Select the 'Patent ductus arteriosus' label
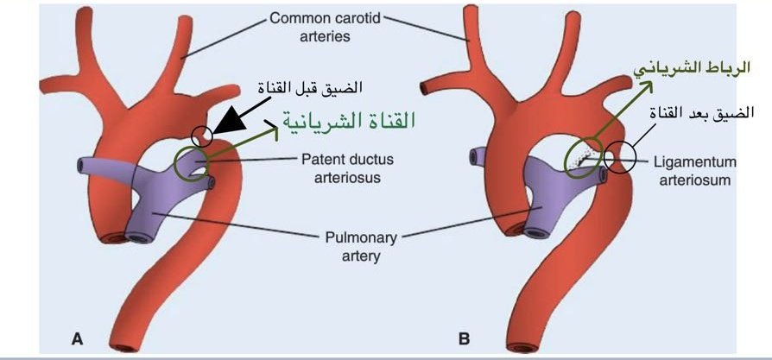pos(341,167)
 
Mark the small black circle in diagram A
pos(202,136)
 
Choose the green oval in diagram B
pos(584,156)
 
